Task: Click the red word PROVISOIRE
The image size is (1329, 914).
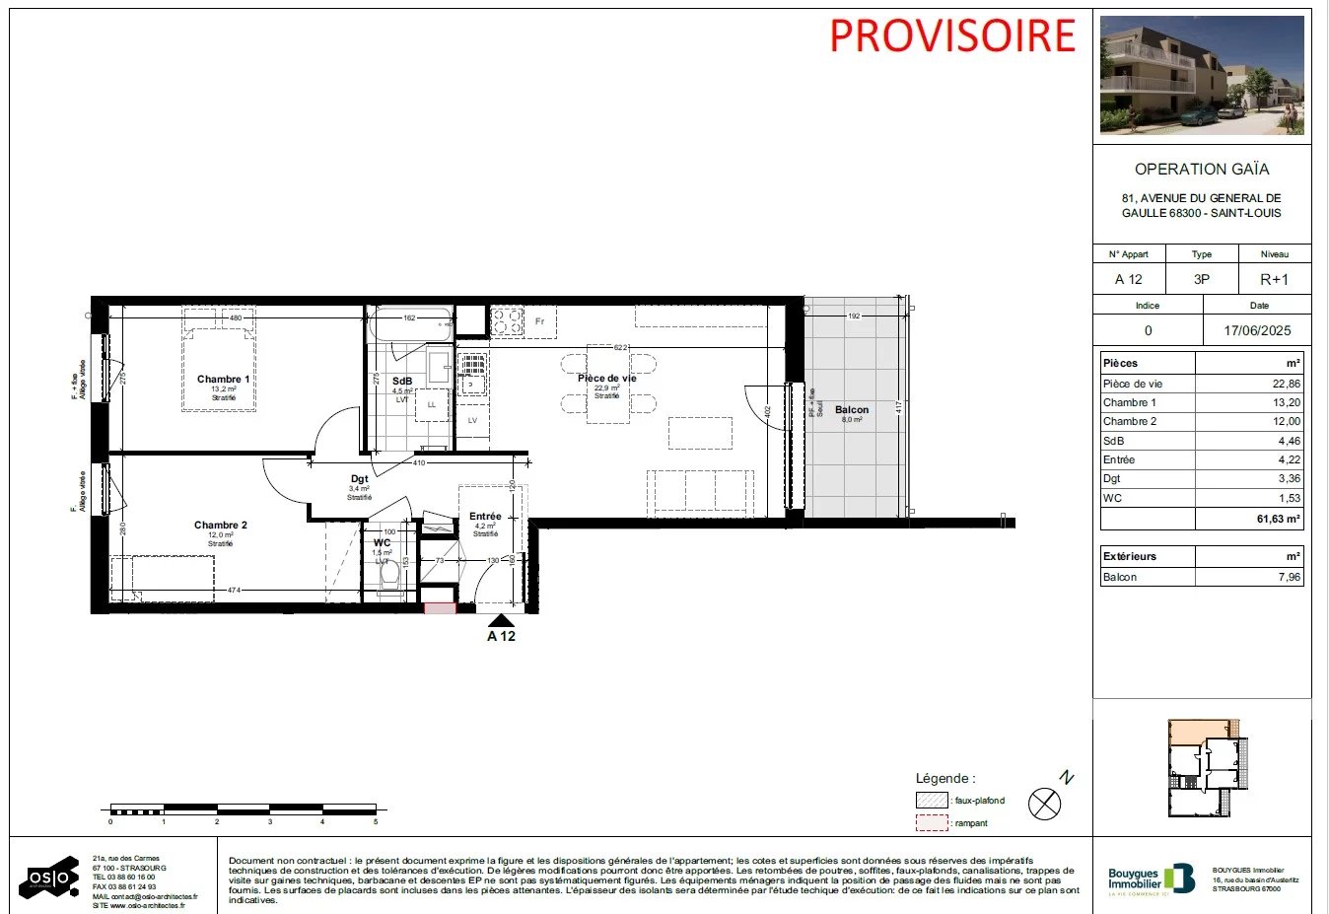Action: pyautogui.click(x=952, y=36)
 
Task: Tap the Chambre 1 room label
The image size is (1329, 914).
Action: pyautogui.click(x=224, y=380)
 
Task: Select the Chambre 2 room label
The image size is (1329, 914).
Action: pyautogui.click(x=221, y=526)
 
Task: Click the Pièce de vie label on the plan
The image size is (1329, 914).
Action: pyautogui.click(x=607, y=379)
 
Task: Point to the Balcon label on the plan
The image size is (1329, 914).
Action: pyautogui.click(x=852, y=410)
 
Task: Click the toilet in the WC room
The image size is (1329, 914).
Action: pyautogui.click(x=388, y=574)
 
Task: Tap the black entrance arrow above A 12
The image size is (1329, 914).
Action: pyautogui.click(x=502, y=620)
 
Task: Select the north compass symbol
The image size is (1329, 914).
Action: pyautogui.click(x=1045, y=804)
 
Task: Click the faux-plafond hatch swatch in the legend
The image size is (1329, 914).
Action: pyautogui.click(x=932, y=801)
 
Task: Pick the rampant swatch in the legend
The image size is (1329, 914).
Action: pyautogui.click(x=932, y=823)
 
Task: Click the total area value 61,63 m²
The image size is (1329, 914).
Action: pyautogui.click(x=1278, y=519)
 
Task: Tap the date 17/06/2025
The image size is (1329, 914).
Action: pyautogui.click(x=1257, y=331)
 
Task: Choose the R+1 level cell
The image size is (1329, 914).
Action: pyautogui.click(x=1274, y=280)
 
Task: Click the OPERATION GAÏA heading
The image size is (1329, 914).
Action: pyautogui.click(x=1202, y=170)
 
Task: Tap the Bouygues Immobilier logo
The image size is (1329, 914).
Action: pyautogui.click(x=1152, y=878)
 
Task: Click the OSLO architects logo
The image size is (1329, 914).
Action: pyautogui.click(x=49, y=877)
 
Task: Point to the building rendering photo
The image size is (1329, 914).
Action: pyautogui.click(x=1202, y=76)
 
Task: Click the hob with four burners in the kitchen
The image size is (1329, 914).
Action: pyautogui.click(x=507, y=321)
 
